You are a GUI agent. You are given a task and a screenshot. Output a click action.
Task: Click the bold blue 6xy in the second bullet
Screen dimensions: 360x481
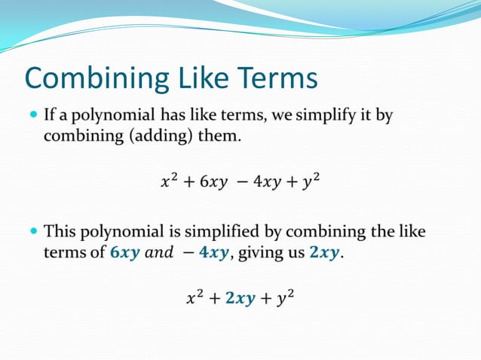coord(125,253)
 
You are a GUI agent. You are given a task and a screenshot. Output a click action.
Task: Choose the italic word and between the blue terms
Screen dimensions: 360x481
coord(158,253)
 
